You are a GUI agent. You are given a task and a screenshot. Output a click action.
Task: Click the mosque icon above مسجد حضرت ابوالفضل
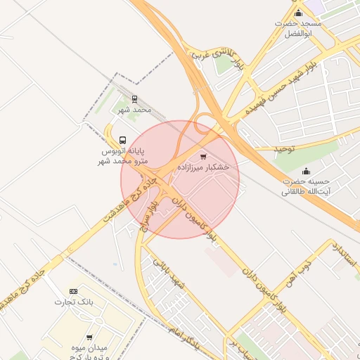[x=298, y=13]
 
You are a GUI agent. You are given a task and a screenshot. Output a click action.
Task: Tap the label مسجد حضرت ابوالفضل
[x=298, y=28]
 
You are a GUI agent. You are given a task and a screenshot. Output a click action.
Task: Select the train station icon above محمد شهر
[x=134, y=99]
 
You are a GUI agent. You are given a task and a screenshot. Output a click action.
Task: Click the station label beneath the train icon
[x=134, y=110]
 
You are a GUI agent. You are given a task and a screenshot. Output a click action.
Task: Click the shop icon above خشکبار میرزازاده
[x=203, y=156]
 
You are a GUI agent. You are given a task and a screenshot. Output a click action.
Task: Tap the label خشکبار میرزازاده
[x=203, y=167]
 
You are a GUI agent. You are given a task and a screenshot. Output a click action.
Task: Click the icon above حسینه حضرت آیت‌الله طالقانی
[x=306, y=171]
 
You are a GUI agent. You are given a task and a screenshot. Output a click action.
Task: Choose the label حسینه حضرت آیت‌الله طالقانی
[x=306, y=186]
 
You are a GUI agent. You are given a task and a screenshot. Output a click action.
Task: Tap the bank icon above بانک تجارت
[x=74, y=291]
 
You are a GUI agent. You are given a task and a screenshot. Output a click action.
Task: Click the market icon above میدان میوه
[x=89, y=337]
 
